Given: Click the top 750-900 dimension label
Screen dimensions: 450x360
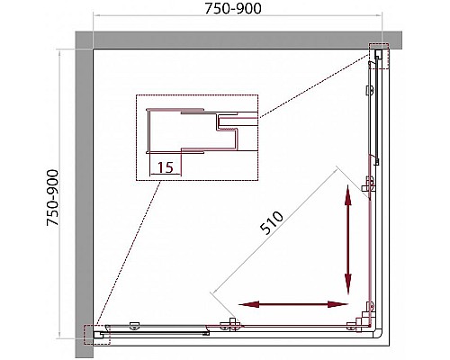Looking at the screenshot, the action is pos(233,9).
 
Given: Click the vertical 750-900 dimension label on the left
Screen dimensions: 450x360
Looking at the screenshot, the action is pos(53,198).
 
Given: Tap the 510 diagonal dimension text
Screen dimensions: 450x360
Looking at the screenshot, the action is pos(272,222).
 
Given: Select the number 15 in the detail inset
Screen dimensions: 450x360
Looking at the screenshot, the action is pos(166,167).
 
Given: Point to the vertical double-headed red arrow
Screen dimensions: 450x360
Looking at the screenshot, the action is pos(348,239).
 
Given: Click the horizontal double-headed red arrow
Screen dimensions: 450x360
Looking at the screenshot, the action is pos(292,304).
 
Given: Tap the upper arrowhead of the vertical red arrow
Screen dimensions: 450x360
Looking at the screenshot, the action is pos(348,195).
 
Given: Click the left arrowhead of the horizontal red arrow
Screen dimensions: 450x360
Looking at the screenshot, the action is pos(248,304).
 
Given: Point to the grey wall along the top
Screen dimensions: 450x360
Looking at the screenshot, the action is pos(238,40).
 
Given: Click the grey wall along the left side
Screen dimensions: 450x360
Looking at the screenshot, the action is pos(84,195).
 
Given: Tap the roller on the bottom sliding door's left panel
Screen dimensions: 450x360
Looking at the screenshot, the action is pos(134,326).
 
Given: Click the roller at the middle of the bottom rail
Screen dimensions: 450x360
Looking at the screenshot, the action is pos(230,325).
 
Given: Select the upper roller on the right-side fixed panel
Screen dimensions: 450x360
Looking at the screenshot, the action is pos(369,90).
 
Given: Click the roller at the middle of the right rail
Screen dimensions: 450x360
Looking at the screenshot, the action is pos(368,184).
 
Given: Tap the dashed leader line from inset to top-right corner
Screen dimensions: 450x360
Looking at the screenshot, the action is pos(313,86).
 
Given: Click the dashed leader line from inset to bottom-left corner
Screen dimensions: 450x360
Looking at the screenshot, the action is pos(129,253).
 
